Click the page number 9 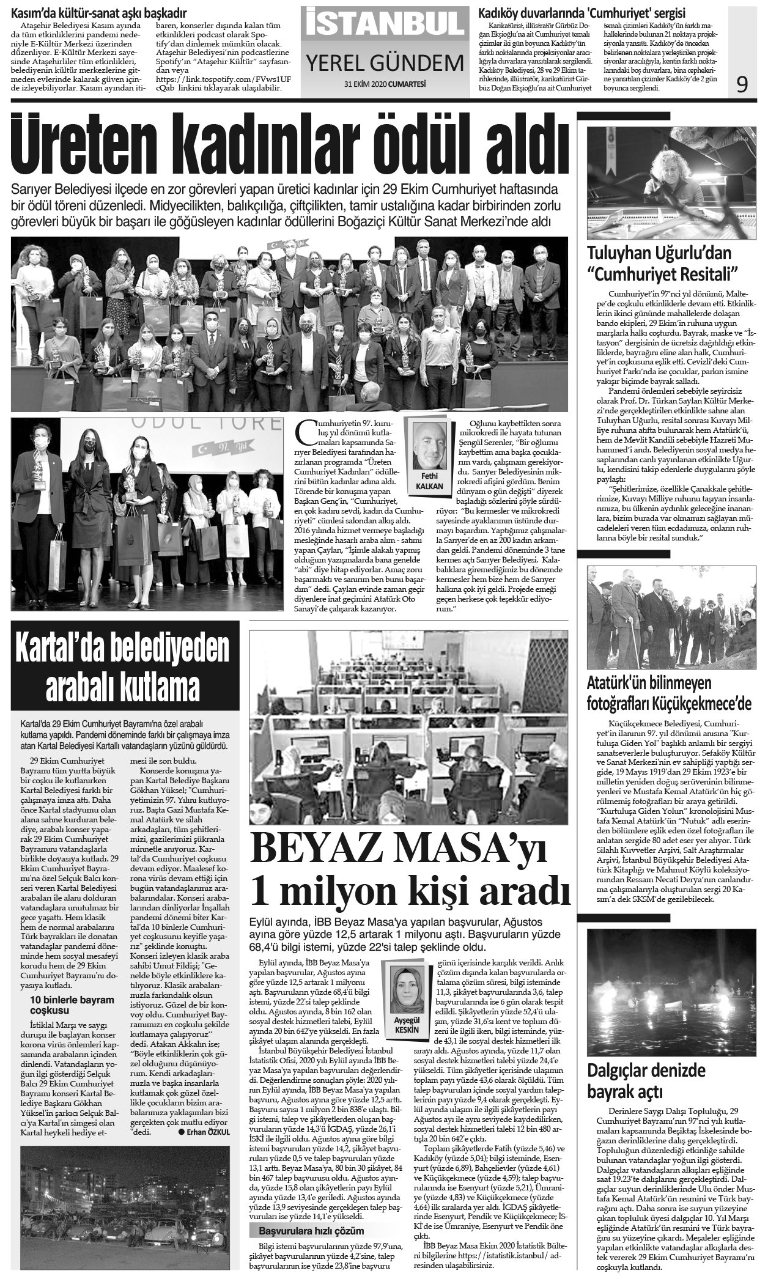[x=742, y=84]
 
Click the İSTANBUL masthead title [x=385, y=23]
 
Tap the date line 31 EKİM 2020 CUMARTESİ [x=385, y=84]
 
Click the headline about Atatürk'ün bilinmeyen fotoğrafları [x=669, y=693]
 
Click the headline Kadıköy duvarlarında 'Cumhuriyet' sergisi [x=582, y=13]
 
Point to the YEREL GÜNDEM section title [x=385, y=62]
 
